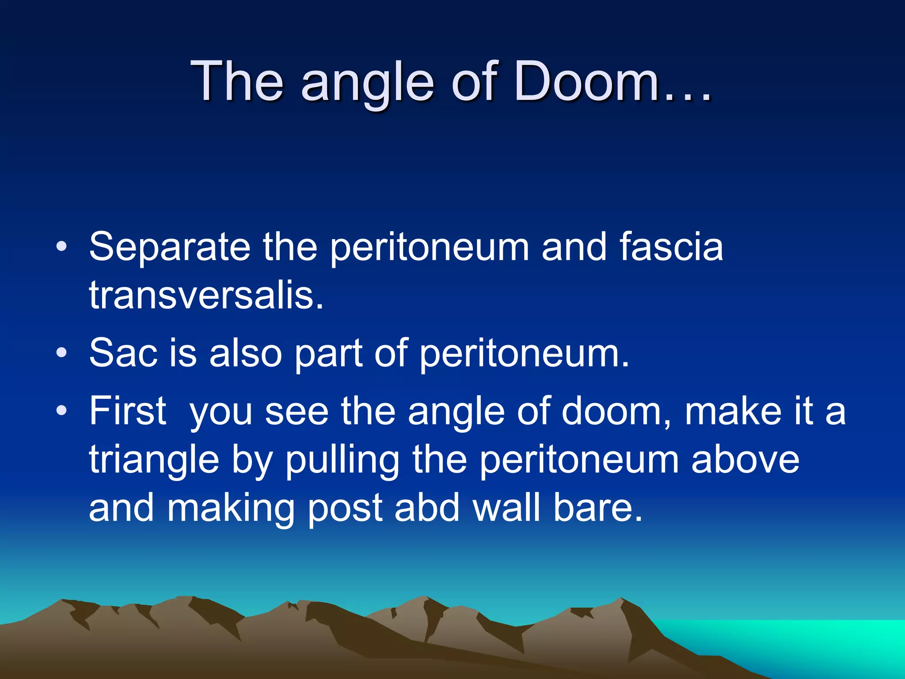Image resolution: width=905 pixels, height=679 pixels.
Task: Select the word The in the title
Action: (x=237, y=82)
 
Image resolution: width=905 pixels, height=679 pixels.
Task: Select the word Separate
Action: (x=170, y=248)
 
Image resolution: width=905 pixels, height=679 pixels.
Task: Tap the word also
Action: (x=245, y=353)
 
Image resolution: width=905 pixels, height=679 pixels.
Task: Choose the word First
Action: (x=128, y=411)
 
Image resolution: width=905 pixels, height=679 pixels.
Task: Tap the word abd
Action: (x=427, y=508)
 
